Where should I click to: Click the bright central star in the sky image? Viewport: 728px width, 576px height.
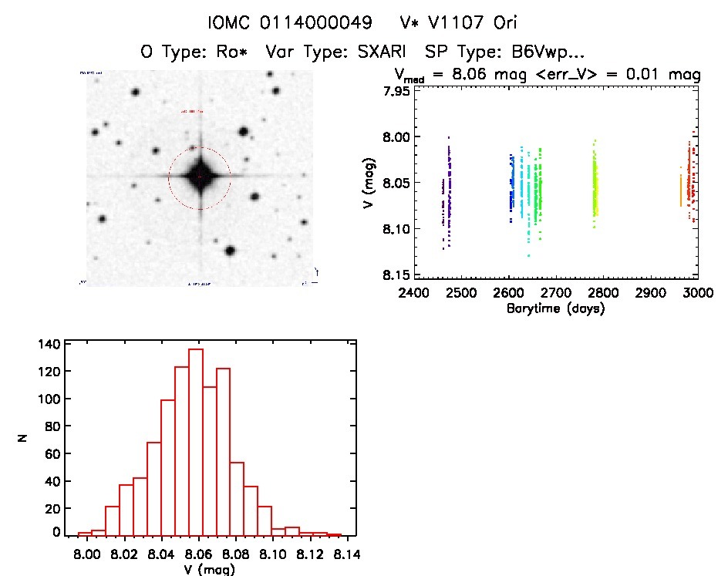[200, 177]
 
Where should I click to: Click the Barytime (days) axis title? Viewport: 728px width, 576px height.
[555, 309]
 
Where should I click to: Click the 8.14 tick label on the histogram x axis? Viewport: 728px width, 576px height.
[342, 553]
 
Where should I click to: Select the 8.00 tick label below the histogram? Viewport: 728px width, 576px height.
[85, 553]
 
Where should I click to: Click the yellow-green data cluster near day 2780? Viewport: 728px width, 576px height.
[595, 189]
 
